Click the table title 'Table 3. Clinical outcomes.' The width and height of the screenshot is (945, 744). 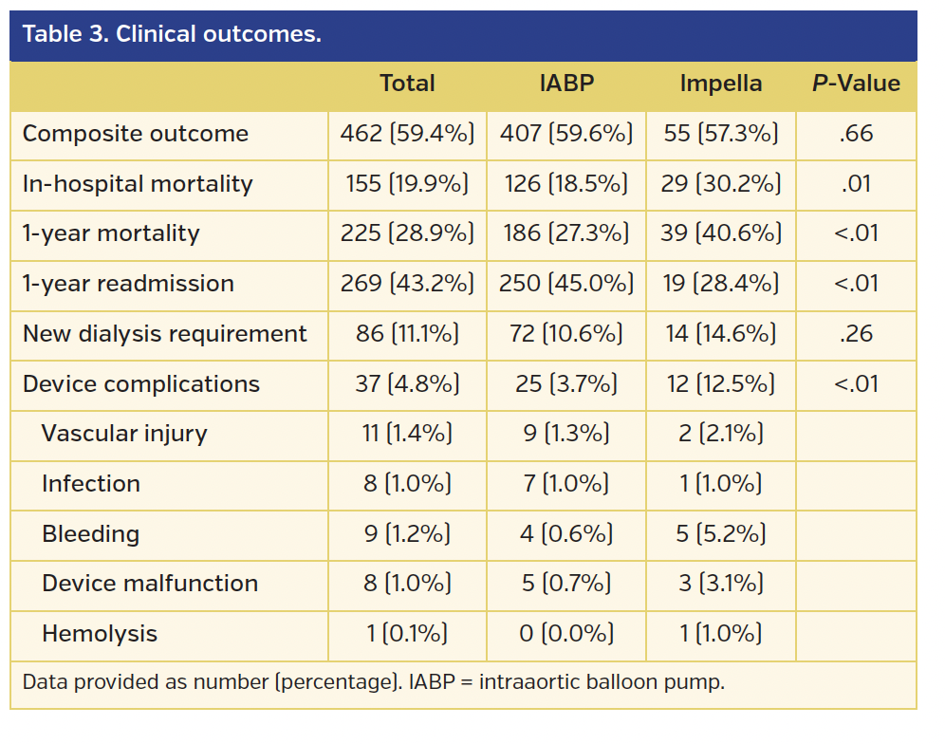[172, 35]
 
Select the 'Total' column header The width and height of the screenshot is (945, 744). [407, 84]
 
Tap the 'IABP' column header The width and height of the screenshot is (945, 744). [565, 84]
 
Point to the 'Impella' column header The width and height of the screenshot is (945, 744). [720, 84]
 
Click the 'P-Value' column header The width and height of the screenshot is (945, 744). [855, 84]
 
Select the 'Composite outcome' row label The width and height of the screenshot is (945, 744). [136, 134]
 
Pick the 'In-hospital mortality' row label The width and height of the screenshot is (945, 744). [138, 184]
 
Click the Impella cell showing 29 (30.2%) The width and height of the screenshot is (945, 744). [720, 184]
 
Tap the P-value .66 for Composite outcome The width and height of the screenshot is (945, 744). [856, 134]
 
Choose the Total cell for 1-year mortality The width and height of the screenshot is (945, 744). [407, 233]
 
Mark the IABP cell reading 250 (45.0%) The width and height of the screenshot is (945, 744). [565, 284]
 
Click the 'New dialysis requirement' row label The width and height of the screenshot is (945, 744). [165, 334]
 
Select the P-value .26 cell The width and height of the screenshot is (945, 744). [856, 334]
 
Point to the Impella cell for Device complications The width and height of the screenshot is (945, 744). [720, 384]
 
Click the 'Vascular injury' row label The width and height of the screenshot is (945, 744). [124, 434]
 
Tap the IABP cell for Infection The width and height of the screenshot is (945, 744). [565, 484]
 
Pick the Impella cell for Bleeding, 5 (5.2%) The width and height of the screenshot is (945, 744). [720, 534]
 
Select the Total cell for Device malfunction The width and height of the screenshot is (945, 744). [407, 584]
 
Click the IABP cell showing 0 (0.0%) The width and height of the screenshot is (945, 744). [565, 634]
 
